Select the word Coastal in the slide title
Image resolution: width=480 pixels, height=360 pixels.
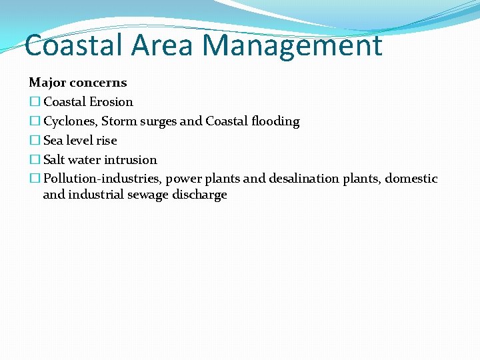[x=73, y=45]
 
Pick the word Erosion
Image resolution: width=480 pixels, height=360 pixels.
[x=111, y=102]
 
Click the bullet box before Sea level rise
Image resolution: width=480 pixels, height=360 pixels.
[x=34, y=141]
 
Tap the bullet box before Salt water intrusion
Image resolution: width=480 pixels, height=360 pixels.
[x=34, y=160]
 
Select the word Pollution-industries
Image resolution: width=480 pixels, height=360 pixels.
[x=102, y=179]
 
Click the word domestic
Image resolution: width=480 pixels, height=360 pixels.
[x=411, y=179]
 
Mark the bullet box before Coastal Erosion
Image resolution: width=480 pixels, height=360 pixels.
[x=34, y=102]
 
